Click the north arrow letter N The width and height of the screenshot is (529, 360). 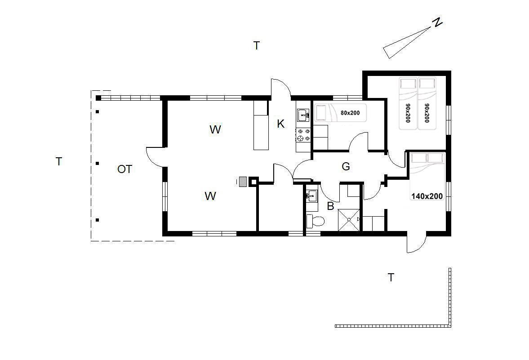click(437, 22)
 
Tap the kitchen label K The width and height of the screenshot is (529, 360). click(280, 124)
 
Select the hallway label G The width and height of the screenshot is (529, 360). click(346, 166)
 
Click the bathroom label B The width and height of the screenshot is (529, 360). click(330, 206)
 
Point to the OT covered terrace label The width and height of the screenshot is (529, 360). click(124, 169)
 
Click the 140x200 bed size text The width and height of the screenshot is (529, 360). click(427, 196)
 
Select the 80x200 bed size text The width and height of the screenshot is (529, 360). click(350, 113)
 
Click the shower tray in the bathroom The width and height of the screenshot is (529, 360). click(349, 220)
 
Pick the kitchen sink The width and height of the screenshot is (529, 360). click(304, 115)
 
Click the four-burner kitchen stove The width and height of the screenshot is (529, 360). click(303, 135)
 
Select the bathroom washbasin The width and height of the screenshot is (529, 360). click(311, 196)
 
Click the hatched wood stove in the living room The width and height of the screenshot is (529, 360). click(243, 182)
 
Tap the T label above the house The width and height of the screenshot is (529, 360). click(256, 45)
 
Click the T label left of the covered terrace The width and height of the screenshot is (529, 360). click(59, 162)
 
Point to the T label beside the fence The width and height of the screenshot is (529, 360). click(391, 277)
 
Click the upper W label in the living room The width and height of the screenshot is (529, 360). click(215, 129)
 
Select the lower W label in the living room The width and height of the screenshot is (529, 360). click(210, 196)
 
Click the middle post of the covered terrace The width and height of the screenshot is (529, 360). click(97, 163)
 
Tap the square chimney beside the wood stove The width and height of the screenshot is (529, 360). click(253, 182)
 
